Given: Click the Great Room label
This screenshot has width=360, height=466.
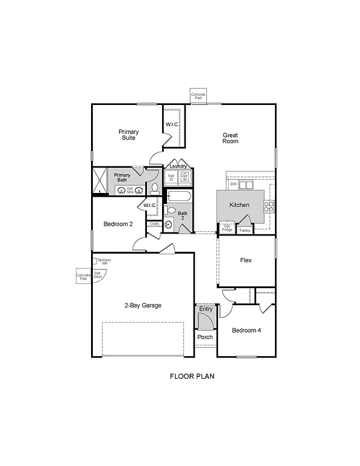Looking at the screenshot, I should click(x=230, y=138).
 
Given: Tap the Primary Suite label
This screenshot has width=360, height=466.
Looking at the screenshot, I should click(x=128, y=135).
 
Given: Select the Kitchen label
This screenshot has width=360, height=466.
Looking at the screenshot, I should click(x=239, y=205).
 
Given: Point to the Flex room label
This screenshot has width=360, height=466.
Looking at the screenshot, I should click(x=246, y=260).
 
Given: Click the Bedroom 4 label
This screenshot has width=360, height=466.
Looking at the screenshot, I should click(x=246, y=331).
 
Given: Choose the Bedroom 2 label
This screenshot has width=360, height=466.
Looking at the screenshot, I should click(x=118, y=224).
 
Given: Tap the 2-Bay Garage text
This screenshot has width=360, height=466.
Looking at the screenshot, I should click(x=143, y=305).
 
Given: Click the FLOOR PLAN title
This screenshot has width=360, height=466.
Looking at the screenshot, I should click(x=192, y=376).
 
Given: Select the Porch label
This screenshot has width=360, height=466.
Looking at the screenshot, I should click(x=205, y=337).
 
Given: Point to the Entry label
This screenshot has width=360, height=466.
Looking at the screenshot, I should click(x=206, y=309).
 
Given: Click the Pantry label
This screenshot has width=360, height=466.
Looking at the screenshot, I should click(x=245, y=231).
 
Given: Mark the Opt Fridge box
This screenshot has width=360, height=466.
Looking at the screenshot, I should click(x=227, y=229).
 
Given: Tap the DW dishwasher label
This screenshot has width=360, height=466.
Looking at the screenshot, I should click(x=233, y=183).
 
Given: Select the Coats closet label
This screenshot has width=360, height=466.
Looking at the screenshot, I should click(x=154, y=224).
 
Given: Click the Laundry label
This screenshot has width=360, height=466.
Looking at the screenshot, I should click(x=178, y=166).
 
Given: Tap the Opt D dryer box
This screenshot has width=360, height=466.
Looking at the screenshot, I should click(x=171, y=178).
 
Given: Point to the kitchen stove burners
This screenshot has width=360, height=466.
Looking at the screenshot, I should click(x=268, y=206).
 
